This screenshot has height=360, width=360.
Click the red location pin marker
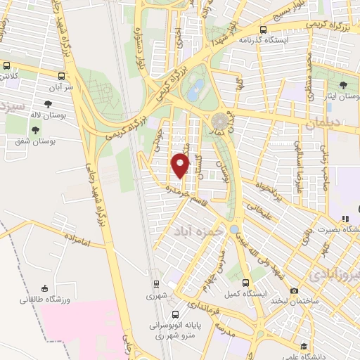[181, 166]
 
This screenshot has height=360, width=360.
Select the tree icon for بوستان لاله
[47, 105]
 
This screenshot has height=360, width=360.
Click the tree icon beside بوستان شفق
[35, 130]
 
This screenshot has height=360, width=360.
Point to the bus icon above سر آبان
[62, 76]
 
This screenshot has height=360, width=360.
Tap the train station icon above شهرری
[157, 284]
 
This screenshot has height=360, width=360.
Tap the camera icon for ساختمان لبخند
[295, 291]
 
